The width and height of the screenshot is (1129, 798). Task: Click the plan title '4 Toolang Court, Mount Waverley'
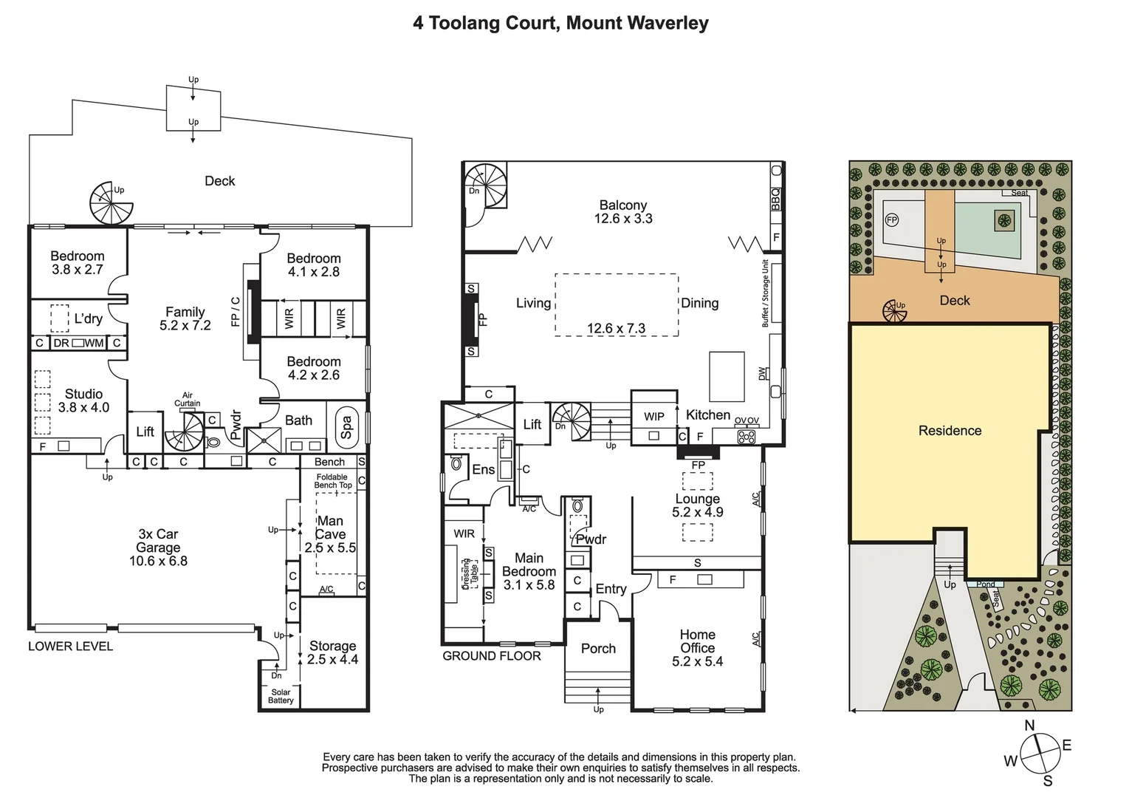click(x=560, y=23)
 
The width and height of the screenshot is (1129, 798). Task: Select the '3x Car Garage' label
click(x=158, y=548)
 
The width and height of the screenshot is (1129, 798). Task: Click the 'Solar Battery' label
click(x=281, y=696)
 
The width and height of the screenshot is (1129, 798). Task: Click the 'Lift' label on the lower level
click(x=145, y=432)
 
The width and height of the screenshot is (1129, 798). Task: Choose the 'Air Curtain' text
click(x=188, y=400)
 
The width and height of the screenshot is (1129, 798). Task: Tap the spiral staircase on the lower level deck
click(x=111, y=202)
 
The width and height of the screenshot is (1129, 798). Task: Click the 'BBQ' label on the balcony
click(x=775, y=199)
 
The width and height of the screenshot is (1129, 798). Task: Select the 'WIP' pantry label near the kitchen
click(x=653, y=417)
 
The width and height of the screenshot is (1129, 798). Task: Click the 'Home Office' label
click(x=697, y=648)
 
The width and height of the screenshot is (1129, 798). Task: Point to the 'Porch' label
click(x=598, y=649)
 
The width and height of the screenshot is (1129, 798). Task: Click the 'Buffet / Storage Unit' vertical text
click(x=766, y=293)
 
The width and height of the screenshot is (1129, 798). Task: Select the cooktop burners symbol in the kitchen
click(x=747, y=436)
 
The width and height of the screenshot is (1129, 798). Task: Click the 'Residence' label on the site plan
click(x=950, y=431)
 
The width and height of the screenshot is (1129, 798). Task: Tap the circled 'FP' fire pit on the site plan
click(x=892, y=220)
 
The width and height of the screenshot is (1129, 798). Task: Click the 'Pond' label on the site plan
click(x=985, y=584)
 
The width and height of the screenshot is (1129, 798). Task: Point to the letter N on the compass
click(x=1029, y=726)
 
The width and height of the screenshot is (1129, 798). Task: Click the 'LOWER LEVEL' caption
click(x=70, y=646)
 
